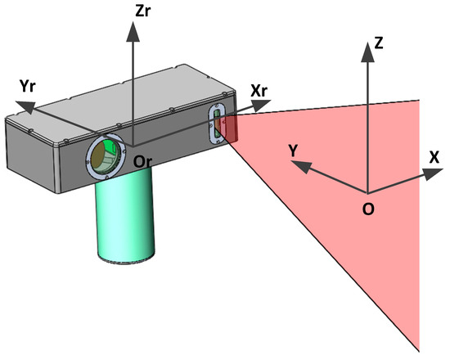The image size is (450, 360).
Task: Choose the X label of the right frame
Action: (433, 154)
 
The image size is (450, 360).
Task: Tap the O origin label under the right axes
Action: (369, 209)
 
